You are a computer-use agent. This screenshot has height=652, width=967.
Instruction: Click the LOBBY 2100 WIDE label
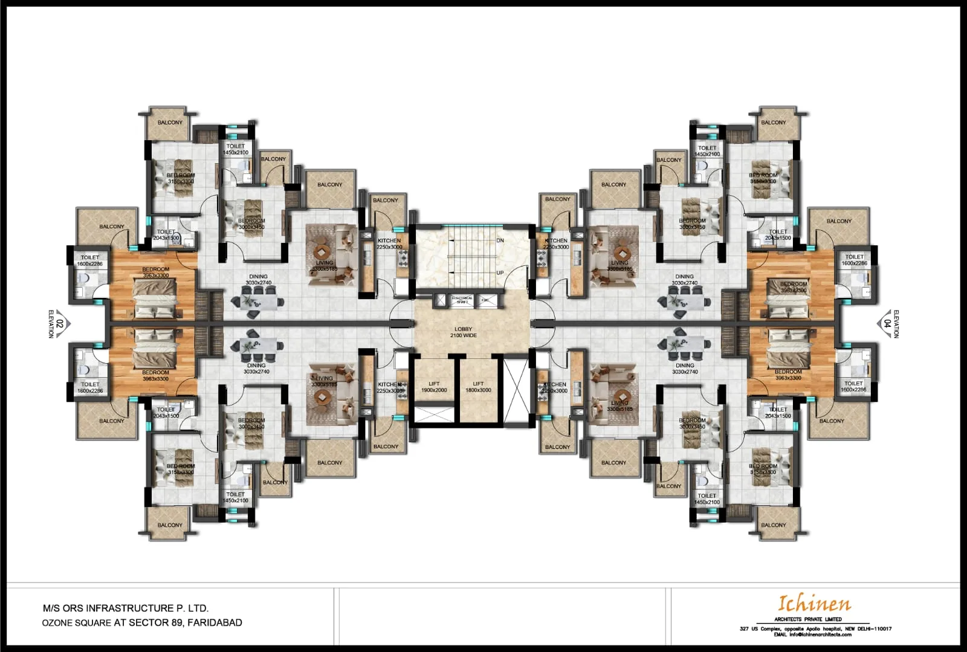463,332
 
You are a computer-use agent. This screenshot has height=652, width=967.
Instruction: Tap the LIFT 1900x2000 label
434,387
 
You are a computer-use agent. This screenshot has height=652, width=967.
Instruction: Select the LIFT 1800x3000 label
478,387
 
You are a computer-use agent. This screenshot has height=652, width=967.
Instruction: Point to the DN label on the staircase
500,240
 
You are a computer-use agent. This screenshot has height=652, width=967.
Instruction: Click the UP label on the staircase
500,273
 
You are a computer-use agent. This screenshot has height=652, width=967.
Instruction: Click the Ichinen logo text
814,603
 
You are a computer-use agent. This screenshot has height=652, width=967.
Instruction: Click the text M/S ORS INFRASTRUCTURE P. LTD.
126,608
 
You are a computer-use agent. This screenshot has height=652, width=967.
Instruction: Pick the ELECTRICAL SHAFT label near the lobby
462,299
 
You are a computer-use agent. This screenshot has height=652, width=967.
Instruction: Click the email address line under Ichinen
813,634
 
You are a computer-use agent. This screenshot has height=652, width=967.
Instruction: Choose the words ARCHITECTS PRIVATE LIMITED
808,619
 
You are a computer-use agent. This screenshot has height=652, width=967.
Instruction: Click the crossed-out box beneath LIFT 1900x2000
434,415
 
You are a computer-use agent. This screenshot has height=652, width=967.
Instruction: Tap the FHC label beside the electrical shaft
485,300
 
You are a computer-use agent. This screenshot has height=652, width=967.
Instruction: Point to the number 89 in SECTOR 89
177,622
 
